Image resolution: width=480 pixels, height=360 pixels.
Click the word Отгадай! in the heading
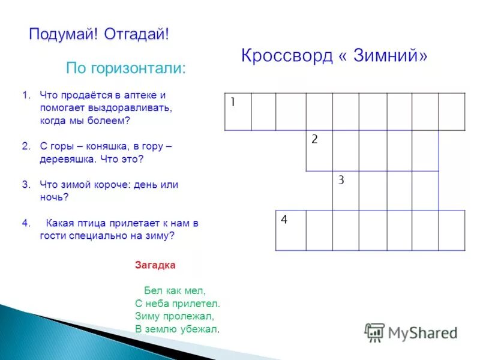click(136, 34)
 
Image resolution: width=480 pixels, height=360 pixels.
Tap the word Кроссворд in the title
click(286, 56)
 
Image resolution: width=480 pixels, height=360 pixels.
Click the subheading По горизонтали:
click(126, 68)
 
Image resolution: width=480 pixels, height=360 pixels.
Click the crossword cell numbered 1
click(238, 112)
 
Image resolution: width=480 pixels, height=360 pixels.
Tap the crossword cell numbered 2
click(319, 151)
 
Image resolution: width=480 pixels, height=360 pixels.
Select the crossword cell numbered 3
click(346, 191)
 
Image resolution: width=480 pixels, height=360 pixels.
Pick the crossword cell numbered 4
click(290, 230)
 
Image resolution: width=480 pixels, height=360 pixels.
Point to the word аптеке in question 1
click(145, 95)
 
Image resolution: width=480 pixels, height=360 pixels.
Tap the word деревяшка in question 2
click(62, 160)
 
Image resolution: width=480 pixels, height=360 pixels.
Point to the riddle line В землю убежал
click(177, 329)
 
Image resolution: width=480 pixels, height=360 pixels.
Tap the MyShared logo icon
click(375, 332)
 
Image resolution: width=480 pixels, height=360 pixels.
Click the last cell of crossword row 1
click(452, 112)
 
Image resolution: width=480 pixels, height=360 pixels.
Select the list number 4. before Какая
click(26, 223)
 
